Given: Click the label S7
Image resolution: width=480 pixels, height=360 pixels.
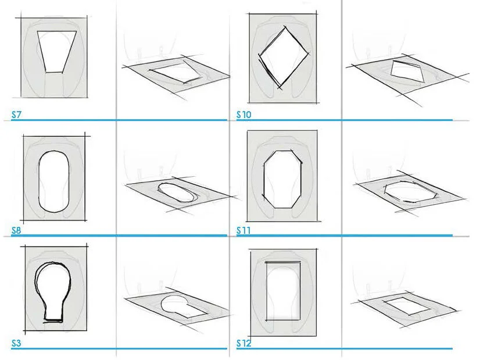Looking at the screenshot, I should pyautogui.click(x=16, y=115).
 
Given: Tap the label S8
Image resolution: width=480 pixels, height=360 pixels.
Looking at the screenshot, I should pyautogui.click(x=16, y=230).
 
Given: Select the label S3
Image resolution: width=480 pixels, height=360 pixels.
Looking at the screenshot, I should pyautogui.click(x=16, y=344).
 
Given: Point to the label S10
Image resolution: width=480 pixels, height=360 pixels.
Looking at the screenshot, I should pyautogui.click(x=244, y=115).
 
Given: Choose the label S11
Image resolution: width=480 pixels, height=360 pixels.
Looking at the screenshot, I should pyautogui.click(x=243, y=230).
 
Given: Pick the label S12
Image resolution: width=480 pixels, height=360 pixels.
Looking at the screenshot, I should pyautogui.click(x=244, y=344).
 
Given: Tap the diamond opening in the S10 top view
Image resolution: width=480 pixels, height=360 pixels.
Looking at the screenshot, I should pyautogui.click(x=283, y=56).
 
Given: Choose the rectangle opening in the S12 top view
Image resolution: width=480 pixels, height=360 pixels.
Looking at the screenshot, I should pyautogui.click(x=283, y=291).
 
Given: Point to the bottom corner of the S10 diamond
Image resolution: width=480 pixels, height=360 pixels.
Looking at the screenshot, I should pyautogui.click(x=280, y=88).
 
